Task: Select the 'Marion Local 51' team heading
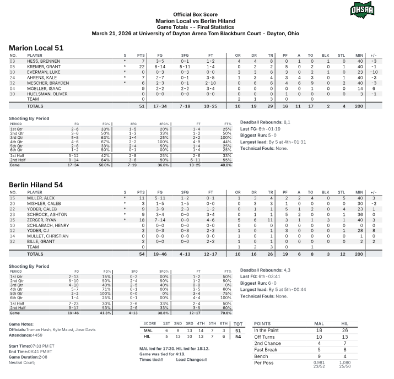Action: (x=36, y=48)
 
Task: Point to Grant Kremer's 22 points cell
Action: (x=142, y=67)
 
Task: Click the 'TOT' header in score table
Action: (x=238, y=323)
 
